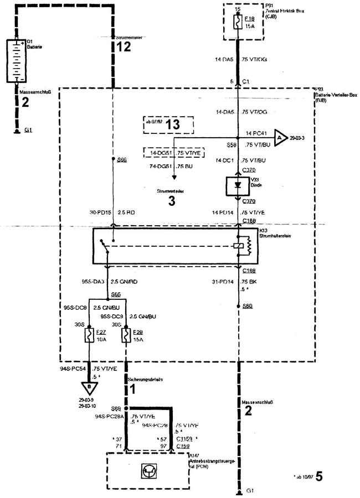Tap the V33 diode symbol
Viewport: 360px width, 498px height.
238,185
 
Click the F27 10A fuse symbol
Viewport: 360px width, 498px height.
89,335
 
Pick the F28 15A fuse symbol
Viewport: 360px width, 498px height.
126,335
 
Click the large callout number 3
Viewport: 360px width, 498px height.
172,201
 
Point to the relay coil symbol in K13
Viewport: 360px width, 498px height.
238,245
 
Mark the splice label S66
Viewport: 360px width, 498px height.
122,159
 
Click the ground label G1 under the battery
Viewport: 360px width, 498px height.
27,131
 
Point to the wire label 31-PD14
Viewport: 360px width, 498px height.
223,282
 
